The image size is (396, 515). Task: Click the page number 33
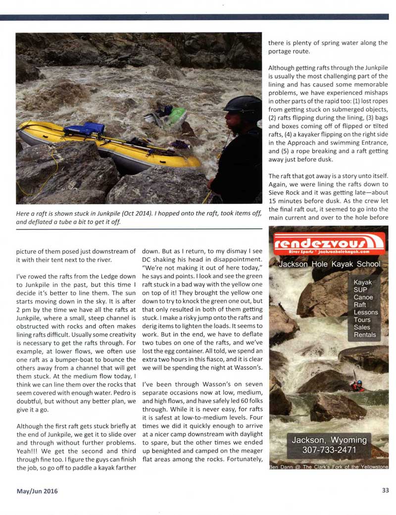click(385, 491)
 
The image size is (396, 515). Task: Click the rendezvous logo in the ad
click(328, 243)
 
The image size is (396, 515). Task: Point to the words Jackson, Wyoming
click(329, 440)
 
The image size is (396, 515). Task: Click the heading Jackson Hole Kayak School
click(329, 264)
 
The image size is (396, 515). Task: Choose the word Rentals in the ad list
click(365, 334)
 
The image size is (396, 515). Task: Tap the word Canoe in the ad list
click(363, 297)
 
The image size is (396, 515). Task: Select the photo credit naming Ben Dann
click(328, 466)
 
